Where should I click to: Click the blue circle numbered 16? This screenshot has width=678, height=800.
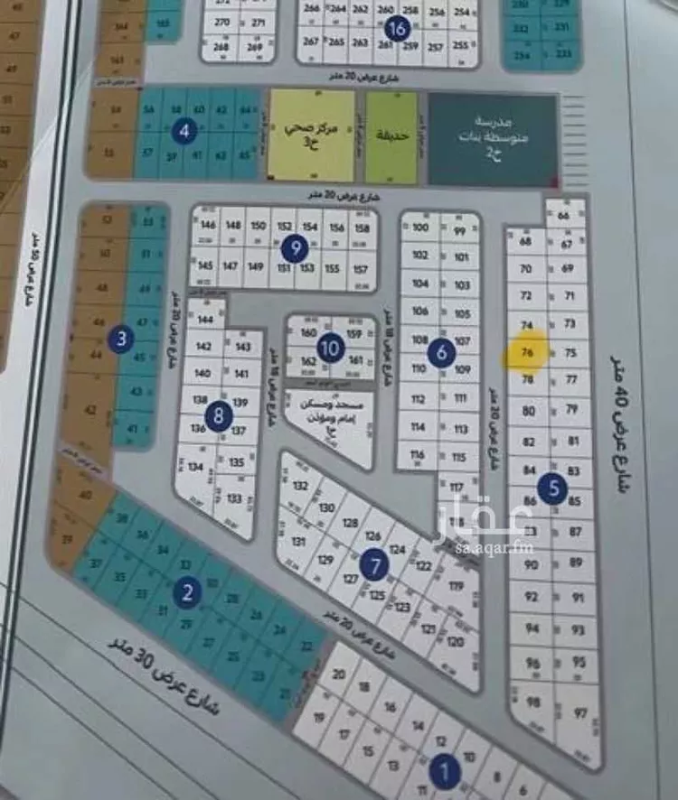[395, 28]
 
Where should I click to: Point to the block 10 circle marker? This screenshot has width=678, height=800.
[331, 346]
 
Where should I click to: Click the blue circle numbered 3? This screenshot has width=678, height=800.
[122, 340]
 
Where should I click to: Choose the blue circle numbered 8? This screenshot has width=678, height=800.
[218, 416]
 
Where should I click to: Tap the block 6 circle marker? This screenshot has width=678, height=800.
[441, 352]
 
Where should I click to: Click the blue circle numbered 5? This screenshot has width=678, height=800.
[552, 488]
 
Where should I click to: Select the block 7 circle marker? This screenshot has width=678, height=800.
[374, 565]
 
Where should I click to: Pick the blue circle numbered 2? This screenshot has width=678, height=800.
[187, 592]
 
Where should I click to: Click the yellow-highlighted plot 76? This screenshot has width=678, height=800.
[527, 353]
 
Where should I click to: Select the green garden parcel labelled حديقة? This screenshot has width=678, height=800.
[391, 135]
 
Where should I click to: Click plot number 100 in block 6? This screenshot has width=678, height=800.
[419, 228]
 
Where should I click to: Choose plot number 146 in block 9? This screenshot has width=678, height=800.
[208, 225]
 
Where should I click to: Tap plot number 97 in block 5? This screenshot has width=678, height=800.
[579, 713]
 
